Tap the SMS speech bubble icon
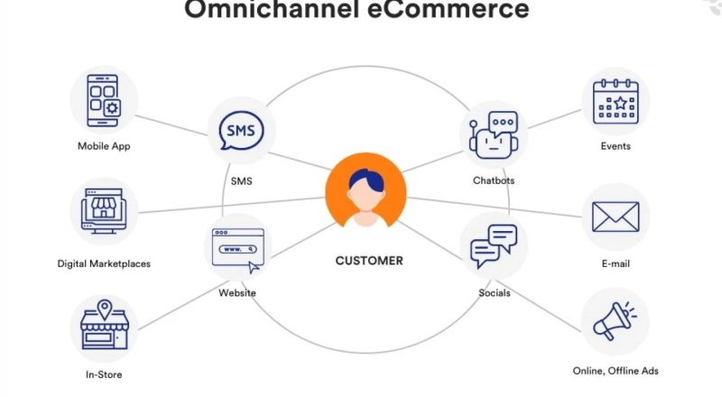241,132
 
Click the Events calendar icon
616,101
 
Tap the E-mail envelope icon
616,217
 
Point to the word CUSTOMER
369,261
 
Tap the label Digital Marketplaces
104,264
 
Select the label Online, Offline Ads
615,371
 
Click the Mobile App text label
104,146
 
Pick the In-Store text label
104,374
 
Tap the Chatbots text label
494,180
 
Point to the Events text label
616,146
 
